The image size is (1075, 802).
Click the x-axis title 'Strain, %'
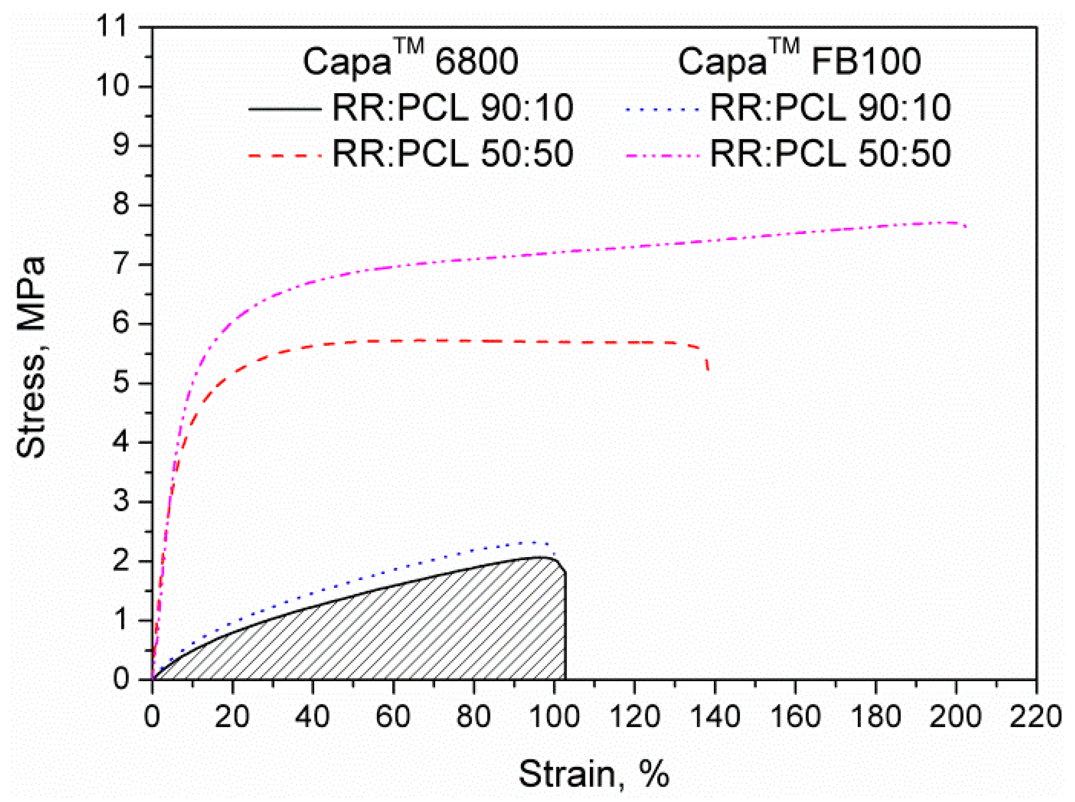pyautogui.click(x=594, y=774)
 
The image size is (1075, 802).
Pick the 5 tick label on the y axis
pyautogui.click(x=121, y=383)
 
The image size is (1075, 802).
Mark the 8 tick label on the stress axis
pyautogui.click(x=121, y=205)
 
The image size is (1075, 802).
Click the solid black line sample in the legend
pyautogui.click(x=285, y=109)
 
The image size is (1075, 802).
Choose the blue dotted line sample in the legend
pyautogui.click(x=663, y=109)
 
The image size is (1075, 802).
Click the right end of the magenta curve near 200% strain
pyautogui.click(x=965, y=226)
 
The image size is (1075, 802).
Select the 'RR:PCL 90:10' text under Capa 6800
pyautogui.click(x=452, y=108)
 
